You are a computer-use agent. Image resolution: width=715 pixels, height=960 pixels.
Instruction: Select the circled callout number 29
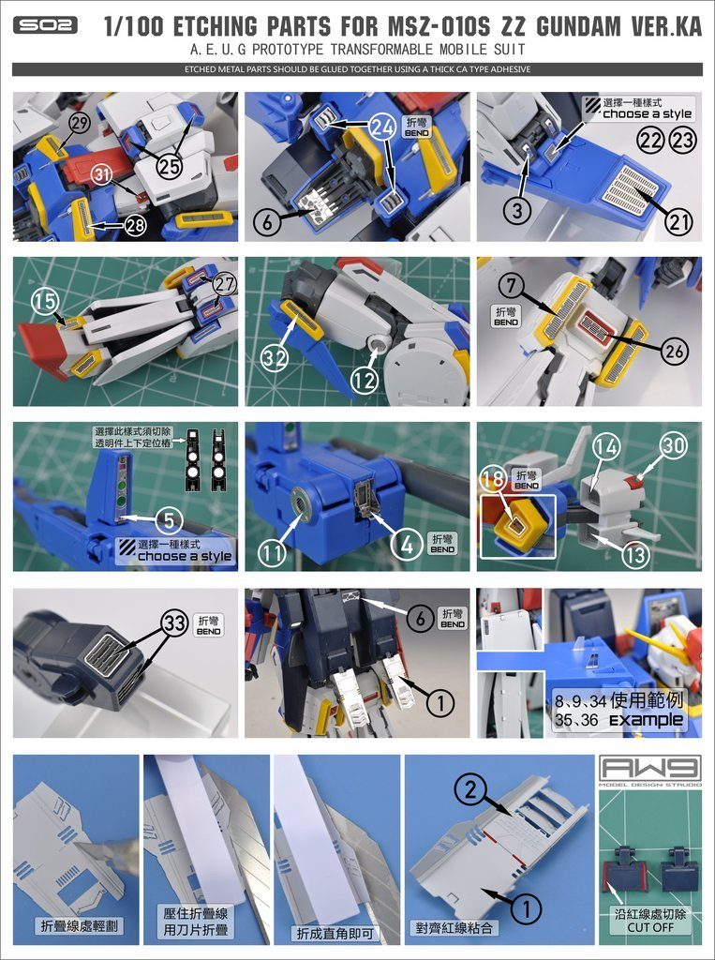[x=79, y=124]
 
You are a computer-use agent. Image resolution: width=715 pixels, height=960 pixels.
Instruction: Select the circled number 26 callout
[x=673, y=352]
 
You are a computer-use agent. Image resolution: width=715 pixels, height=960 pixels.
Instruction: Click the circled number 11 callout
[x=273, y=553]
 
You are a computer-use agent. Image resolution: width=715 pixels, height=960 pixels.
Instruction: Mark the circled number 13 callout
[x=635, y=554]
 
